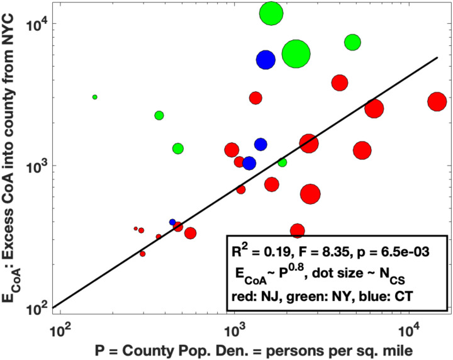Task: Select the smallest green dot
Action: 95,97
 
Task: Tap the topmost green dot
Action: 271,13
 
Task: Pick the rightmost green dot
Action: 352,42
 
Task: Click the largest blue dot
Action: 266,59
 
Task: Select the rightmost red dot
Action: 437,101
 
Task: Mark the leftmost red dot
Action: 136,228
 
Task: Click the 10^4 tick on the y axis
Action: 52,24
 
